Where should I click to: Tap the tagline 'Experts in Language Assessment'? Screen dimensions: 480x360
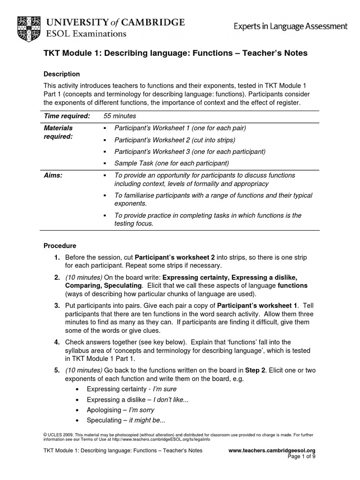click(291, 27)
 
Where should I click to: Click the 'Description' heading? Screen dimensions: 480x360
click(61, 74)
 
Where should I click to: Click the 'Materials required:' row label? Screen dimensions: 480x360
click(58, 132)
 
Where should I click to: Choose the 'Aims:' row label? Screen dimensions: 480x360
click(52, 175)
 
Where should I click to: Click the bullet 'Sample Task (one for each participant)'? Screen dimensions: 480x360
click(171, 163)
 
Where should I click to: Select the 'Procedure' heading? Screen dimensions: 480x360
click(60, 246)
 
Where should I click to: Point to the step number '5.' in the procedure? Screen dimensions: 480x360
click(56, 370)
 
